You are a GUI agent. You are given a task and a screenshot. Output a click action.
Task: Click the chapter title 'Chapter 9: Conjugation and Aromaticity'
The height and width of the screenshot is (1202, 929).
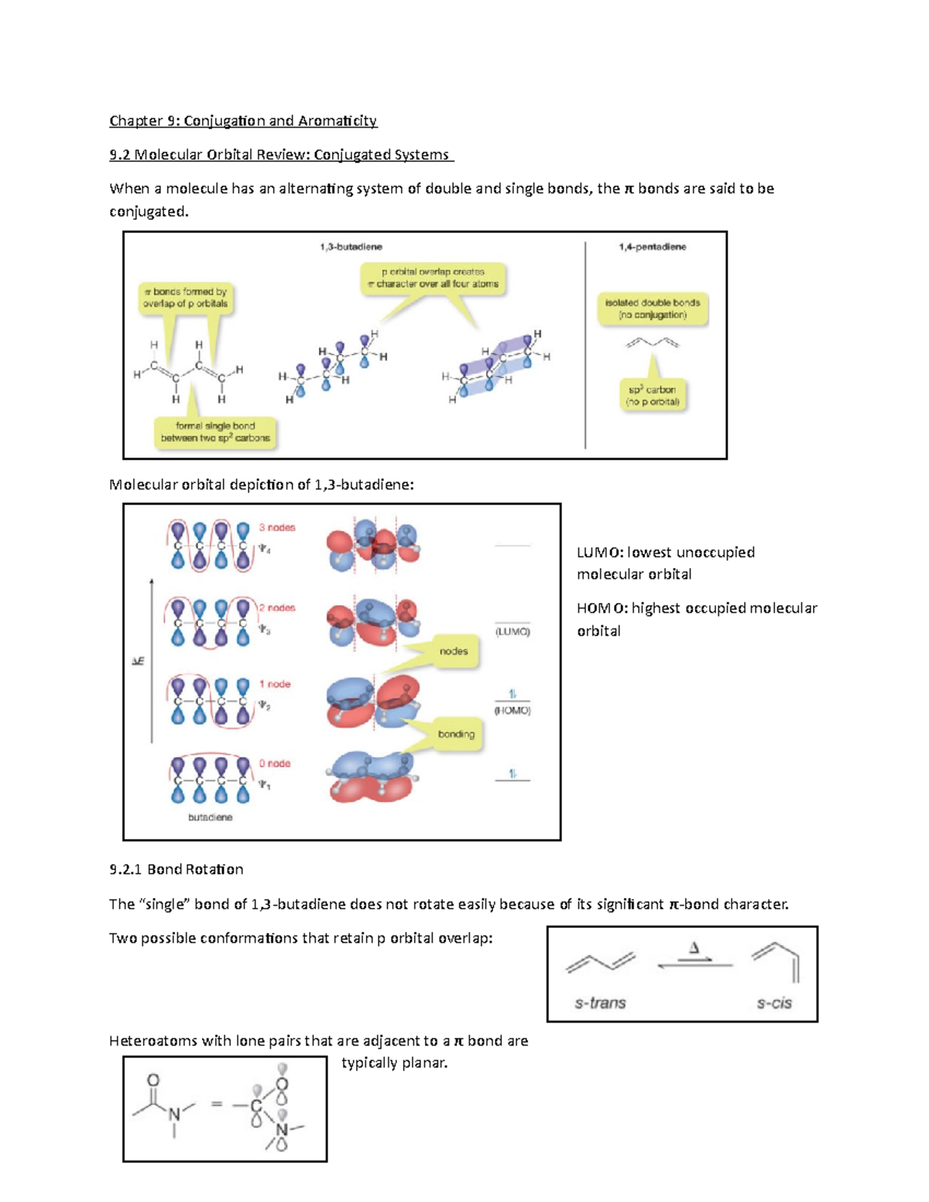point(243,121)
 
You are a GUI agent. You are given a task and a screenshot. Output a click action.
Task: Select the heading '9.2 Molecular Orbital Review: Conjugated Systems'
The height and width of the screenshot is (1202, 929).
point(281,155)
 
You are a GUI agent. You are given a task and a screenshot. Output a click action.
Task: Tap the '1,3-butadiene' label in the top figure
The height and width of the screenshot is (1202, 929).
point(351,247)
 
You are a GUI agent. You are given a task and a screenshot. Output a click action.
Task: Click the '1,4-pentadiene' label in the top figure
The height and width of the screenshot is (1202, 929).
point(652,247)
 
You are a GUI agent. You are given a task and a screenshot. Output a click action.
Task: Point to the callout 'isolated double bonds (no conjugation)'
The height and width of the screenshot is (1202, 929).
point(653,309)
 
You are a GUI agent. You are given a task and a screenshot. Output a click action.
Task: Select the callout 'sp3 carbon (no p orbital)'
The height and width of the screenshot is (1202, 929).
point(653,396)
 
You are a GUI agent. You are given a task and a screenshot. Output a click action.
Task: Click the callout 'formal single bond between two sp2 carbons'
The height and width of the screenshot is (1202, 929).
point(215,432)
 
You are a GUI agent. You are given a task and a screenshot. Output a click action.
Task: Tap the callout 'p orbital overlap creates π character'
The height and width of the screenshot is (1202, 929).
point(433,278)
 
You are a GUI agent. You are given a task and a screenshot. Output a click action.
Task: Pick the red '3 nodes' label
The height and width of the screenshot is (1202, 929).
point(277,528)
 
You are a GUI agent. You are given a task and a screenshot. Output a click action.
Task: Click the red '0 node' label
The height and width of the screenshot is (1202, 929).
point(275,764)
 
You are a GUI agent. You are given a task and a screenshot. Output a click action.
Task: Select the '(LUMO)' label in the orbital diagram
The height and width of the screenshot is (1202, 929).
point(512,632)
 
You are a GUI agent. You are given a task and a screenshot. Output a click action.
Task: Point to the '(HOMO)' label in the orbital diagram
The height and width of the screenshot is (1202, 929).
point(512,711)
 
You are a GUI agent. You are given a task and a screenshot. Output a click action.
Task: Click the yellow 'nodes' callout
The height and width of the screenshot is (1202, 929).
point(454,652)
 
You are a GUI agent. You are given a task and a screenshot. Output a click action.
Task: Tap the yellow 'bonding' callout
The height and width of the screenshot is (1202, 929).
point(456,734)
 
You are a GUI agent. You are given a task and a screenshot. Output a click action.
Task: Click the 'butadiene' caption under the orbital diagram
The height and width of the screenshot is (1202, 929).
point(210,817)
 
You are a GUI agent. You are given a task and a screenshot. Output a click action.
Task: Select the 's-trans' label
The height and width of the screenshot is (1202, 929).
point(600,1003)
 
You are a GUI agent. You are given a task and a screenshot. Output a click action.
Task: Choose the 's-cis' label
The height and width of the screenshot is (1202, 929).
point(774,1003)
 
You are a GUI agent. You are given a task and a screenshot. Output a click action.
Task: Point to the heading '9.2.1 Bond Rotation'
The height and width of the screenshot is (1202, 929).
point(177,869)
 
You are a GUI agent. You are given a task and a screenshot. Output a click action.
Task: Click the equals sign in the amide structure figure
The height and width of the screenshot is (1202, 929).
point(217,1104)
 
